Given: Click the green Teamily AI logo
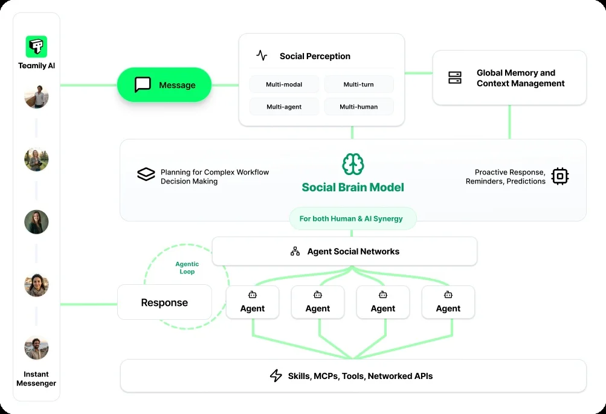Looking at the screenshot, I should click(36, 46).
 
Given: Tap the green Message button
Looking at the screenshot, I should click(164, 84).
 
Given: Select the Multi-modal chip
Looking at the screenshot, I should click(284, 84).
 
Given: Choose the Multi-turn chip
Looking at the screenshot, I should click(358, 84).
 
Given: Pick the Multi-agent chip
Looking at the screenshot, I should click(284, 107).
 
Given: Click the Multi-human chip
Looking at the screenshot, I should click(358, 107).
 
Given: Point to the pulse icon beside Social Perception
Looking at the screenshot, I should click(262, 56).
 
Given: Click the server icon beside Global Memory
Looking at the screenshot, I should click(455, 77).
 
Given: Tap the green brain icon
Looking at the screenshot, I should click(353, 164).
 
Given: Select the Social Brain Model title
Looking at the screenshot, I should click(353, 187).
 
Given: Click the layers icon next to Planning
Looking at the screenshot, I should click(146, 175).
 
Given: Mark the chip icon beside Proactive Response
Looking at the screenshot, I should click(560, 176).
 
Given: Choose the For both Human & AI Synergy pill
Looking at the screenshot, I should click(353, 218).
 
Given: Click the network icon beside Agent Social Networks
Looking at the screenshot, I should click(295, 251).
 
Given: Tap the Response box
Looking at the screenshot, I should click(164, 302).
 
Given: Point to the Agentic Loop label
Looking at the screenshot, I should click(187, 268).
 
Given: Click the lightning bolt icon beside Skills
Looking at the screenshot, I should click(276, 376).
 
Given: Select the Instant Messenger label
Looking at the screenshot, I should click(36, 378).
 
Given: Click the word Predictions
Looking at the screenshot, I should click(526, 181).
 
